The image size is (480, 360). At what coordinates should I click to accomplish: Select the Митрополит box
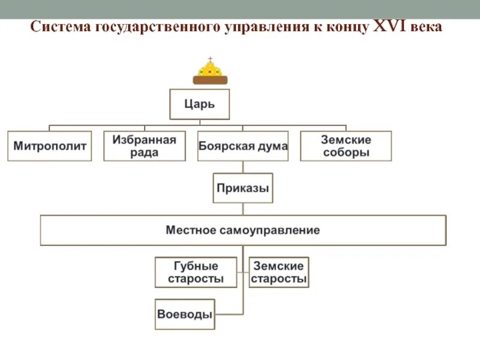(50, 146)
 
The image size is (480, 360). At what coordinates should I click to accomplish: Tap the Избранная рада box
(145, 146)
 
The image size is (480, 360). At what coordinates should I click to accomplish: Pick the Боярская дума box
(242, 146)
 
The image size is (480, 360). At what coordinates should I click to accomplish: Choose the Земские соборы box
(346, 146)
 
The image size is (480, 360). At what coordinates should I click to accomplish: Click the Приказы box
(243, 188)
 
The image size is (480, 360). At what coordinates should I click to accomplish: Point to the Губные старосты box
(196, 272)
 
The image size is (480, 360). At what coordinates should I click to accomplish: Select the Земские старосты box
(279, 272)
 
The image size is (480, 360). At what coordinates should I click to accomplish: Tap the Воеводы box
(185, 314)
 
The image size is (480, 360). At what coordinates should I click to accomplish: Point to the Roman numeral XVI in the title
(389, 27)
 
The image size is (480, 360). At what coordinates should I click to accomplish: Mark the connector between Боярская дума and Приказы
(243, 167)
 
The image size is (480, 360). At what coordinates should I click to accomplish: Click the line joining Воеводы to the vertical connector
(229, 314)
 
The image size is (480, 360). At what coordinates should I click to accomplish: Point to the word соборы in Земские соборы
(346, 152)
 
